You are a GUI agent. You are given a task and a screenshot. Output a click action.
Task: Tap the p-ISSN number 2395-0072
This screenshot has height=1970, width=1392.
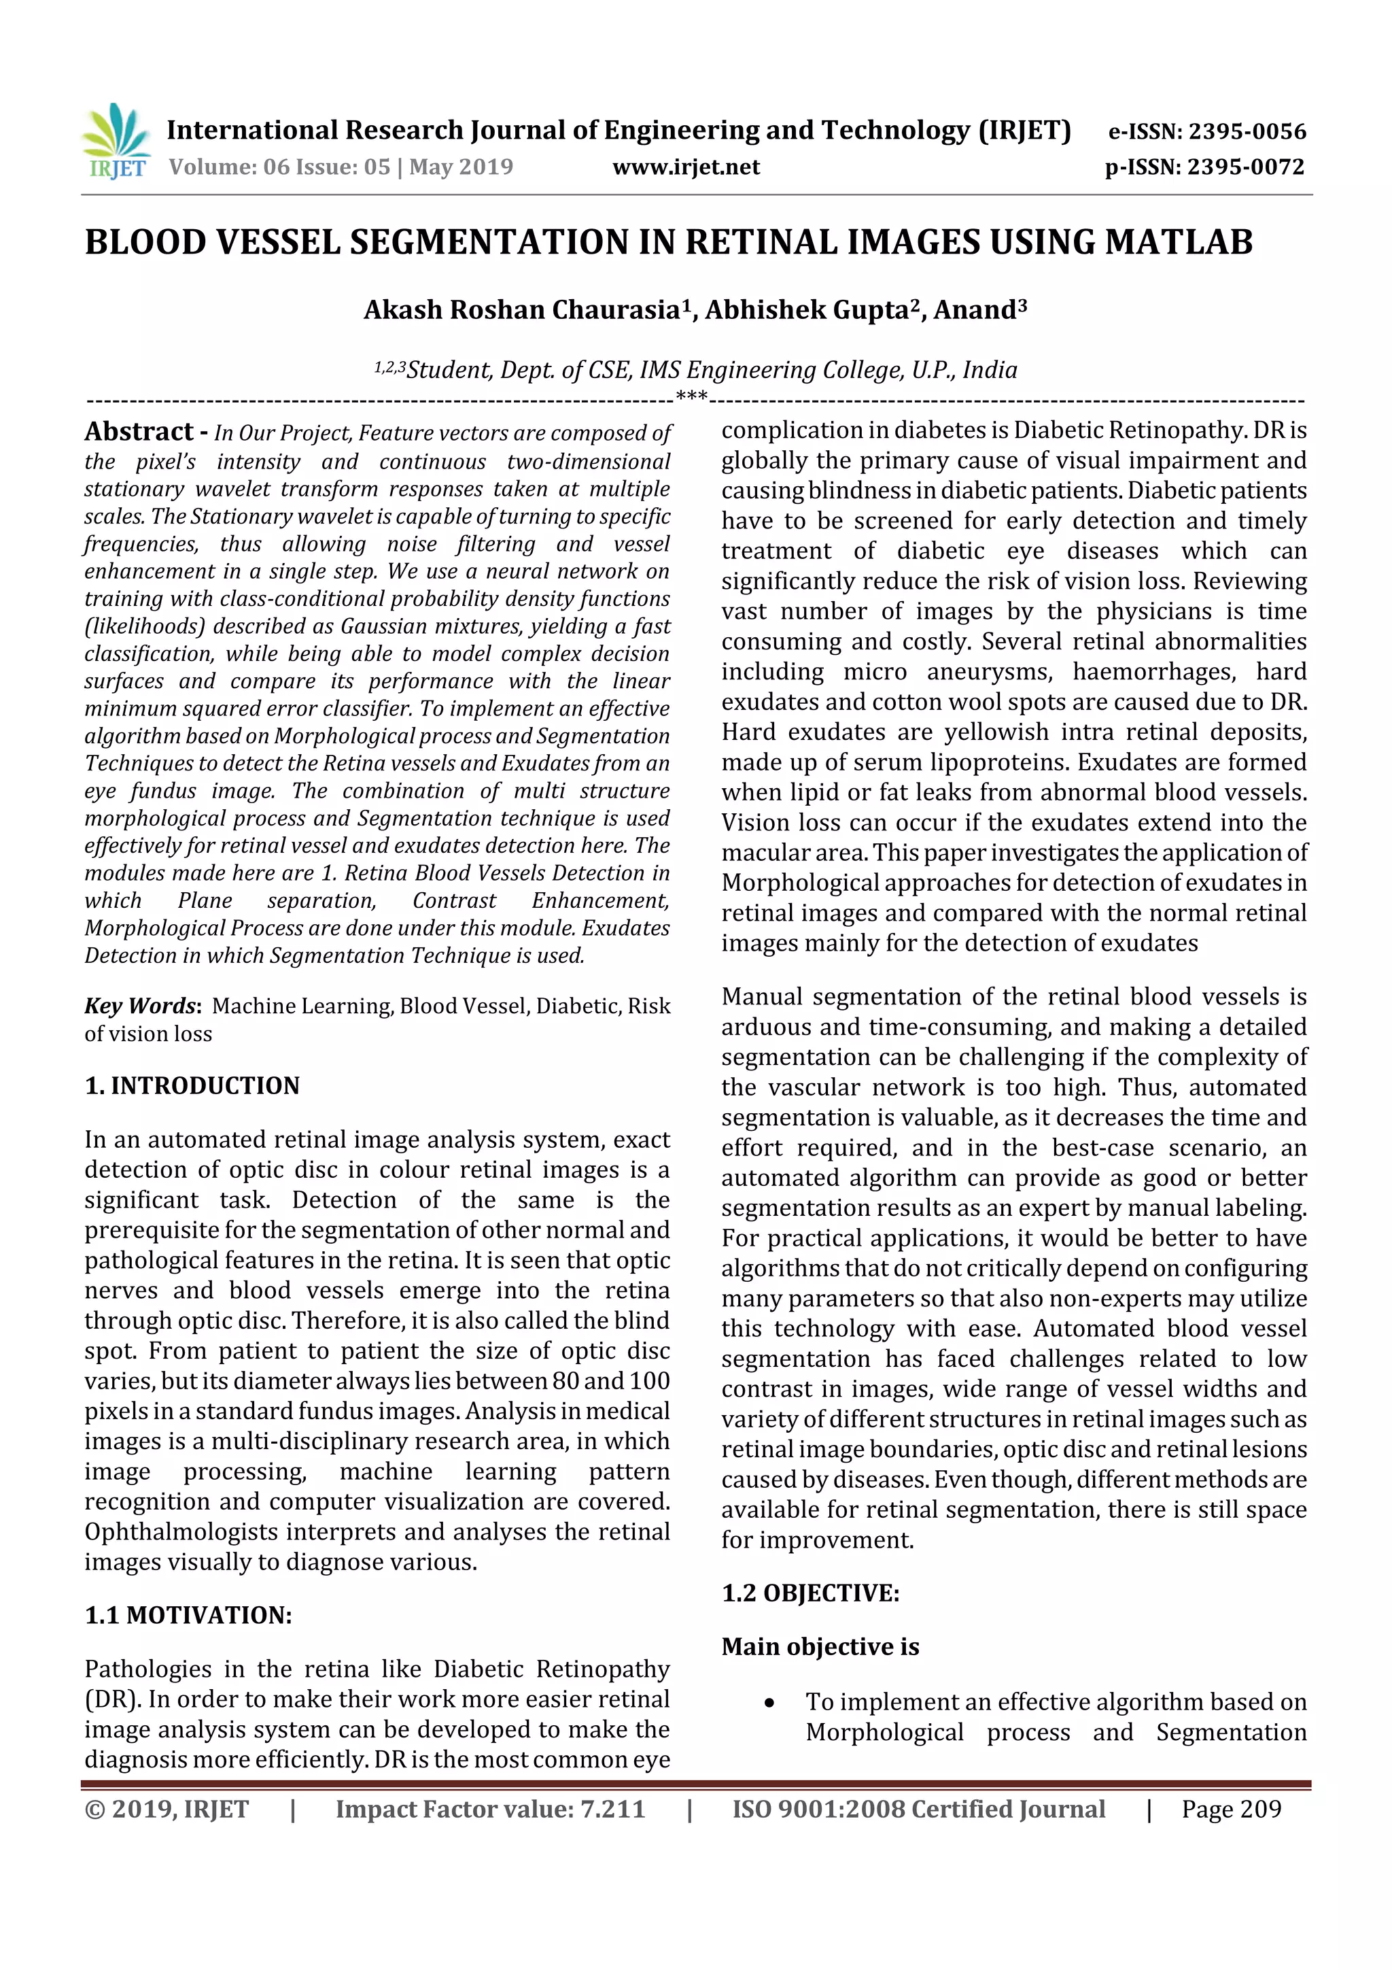point(1245,167)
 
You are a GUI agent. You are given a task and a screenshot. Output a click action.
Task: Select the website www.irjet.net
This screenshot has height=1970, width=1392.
point(685,167)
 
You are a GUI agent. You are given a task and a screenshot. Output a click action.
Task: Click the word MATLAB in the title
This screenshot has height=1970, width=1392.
point(1179,242)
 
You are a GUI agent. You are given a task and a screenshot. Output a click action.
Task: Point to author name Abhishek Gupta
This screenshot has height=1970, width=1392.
point(805,309)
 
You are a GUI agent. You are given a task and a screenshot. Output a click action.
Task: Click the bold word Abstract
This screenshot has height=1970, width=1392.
point(139,432)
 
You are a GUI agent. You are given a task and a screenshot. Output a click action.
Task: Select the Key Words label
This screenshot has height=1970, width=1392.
point(141,1006)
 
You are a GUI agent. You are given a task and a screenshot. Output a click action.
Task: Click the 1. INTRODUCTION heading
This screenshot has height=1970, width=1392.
point(192,1085)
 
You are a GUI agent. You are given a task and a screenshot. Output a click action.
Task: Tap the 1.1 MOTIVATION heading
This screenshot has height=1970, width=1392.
point(188,1615)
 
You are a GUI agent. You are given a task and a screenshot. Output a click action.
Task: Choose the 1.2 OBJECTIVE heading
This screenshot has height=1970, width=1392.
point(810,1593)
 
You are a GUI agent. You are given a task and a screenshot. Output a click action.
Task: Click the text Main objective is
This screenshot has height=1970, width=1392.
point(819,1646)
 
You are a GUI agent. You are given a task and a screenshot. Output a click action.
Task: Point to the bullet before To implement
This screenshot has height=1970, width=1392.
point(769,1703)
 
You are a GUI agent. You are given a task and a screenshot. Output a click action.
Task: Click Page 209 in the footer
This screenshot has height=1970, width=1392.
point(1231,1810)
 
